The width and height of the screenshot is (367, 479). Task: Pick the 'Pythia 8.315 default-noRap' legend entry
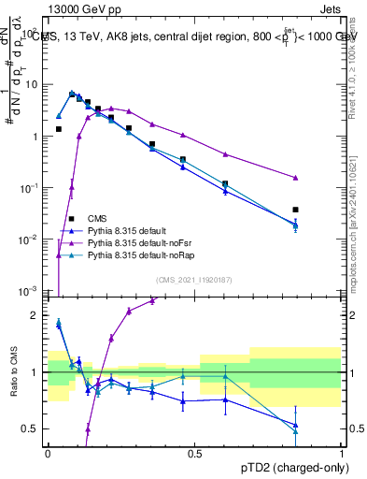tap(144, 255)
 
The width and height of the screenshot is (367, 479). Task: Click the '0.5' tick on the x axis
tap(194, 453)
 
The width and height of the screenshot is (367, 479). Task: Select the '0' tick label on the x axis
tap(48, 453)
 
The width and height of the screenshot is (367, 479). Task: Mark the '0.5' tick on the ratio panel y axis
tap(30, 428)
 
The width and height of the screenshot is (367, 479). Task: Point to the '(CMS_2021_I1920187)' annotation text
tap(194, 280)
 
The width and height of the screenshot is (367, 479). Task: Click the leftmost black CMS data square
tap(59, 129)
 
